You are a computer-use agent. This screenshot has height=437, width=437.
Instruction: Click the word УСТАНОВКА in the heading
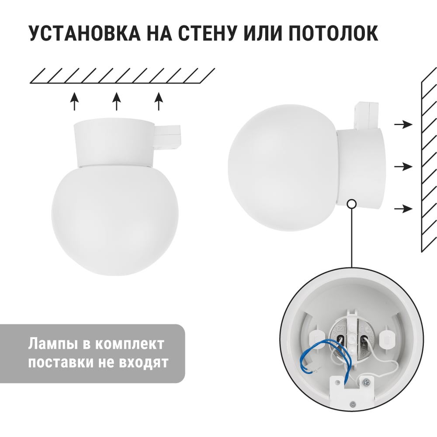tap(84, 34)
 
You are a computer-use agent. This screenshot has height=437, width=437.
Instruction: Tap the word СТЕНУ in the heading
tap(208, 34)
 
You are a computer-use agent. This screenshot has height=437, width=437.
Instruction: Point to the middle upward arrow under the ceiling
tap(117, 101)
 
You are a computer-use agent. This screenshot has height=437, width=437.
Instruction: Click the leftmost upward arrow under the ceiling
tap(74, 101)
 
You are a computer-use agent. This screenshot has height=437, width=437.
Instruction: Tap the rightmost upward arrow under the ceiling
tap(159, 101)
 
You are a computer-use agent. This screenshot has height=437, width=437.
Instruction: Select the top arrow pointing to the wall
tap(403, 124)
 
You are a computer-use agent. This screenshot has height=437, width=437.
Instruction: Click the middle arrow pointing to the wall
tap(403, 166)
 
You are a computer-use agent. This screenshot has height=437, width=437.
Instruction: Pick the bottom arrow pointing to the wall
tap(403, 208)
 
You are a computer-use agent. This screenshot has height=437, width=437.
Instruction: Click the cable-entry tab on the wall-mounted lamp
tap(364, 116)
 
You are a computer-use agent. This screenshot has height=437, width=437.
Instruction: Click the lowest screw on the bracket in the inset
tap(354, 403)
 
